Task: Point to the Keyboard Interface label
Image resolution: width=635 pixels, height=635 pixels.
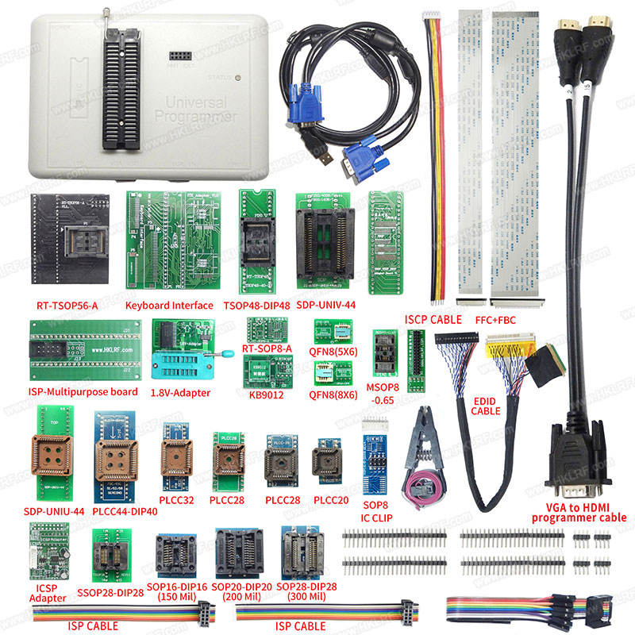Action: (x=169, y=305)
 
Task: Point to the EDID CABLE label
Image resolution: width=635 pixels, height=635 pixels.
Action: (x=486, y=405)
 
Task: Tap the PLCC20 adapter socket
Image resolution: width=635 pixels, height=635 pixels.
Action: (x=327, y=457)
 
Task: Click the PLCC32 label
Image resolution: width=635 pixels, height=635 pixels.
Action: (x=177, y=500)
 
